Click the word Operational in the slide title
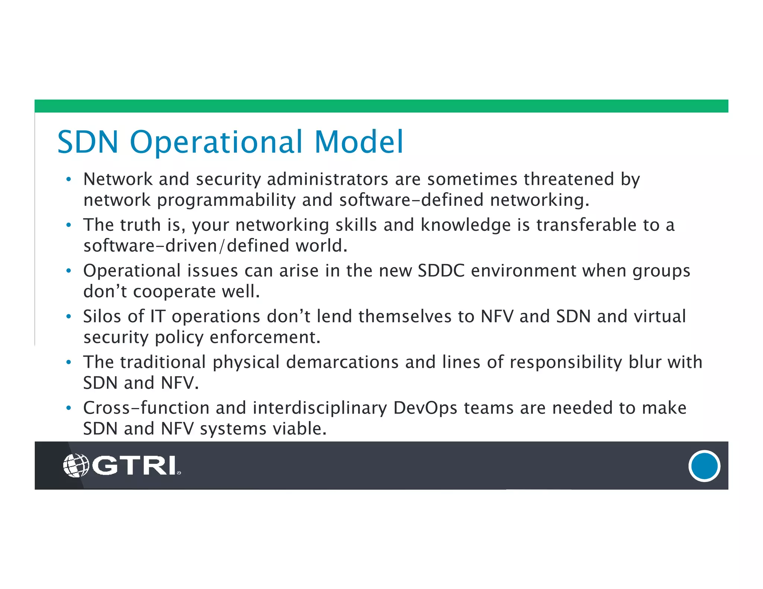point(216,142)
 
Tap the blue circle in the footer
point(704,466)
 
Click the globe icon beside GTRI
point(76,465)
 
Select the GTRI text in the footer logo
point(134,465)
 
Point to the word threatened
point(569,179)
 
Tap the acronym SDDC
point(441,271)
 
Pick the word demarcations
point(342,362)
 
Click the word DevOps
point(425,408)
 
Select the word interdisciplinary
point(320,408)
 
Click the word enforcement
point(265,337)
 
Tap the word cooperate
point(174,292)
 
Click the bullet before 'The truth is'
point(68,225)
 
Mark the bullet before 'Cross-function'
point(68,408)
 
